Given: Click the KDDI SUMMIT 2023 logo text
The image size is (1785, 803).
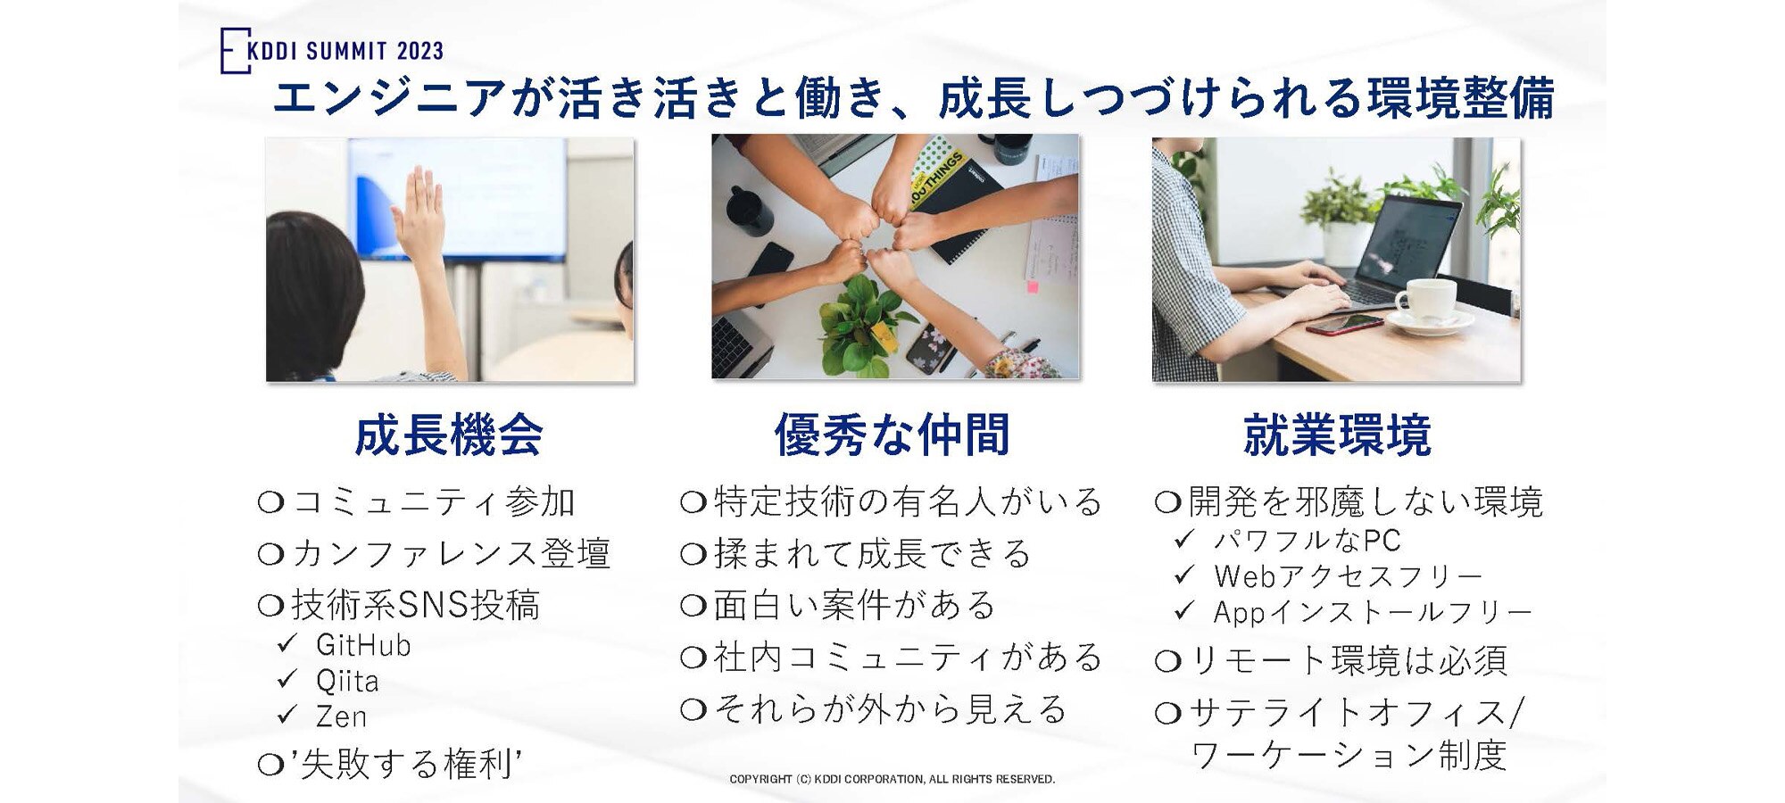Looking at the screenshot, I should point(344,51).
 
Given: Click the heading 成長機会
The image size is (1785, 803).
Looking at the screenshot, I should point(449,435).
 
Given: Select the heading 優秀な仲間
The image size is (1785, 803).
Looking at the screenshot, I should point(892,435).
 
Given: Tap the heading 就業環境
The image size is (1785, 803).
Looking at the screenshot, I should point(1337,435).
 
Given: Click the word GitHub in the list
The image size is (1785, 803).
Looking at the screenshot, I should point(363,645).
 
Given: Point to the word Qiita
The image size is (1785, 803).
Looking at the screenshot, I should point(347,682).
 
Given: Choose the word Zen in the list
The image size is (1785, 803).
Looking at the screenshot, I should point(341,716).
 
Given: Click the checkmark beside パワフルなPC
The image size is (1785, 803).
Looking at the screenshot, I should point(1184,539).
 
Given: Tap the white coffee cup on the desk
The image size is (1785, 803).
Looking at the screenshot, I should point(1425,298).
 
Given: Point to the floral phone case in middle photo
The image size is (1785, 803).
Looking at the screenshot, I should point(931,346).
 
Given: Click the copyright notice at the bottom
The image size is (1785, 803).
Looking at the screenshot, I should point(892,779).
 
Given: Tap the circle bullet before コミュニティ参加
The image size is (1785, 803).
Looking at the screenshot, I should point(270,502).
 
